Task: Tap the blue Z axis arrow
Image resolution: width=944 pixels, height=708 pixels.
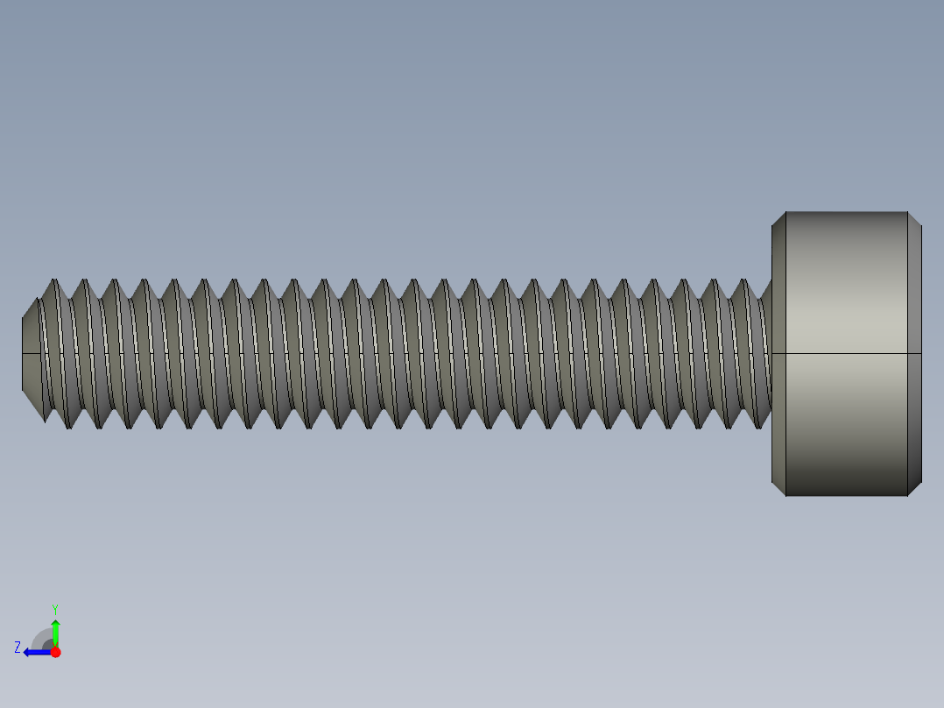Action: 35,652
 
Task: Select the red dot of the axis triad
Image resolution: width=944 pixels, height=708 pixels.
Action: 55,652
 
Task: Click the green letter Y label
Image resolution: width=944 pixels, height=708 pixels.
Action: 55,609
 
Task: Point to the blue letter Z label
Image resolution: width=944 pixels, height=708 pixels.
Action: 18,648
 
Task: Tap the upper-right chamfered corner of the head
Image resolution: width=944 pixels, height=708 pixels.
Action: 914,219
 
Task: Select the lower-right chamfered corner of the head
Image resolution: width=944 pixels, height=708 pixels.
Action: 914,488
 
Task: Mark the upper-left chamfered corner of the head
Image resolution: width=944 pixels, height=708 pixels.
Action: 778,219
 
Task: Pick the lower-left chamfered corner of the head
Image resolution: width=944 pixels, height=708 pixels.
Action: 778,488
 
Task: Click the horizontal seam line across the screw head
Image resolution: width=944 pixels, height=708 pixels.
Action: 845,353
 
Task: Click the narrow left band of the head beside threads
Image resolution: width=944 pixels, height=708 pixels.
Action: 778,394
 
